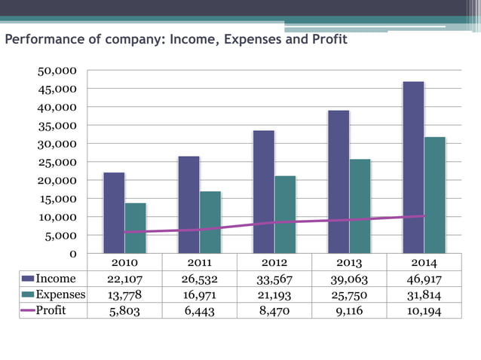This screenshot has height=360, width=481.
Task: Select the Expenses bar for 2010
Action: (136, 228)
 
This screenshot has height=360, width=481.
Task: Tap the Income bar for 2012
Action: (264, 192)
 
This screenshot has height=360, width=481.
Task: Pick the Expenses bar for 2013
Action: (360, 206)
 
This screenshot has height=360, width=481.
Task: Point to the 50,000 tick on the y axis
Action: (58, 71)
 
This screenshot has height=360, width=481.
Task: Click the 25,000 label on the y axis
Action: (58, 163)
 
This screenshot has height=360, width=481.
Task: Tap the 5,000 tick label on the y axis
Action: (61, 236)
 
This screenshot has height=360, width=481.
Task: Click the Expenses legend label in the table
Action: (60, 294)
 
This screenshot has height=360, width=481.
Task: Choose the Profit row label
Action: (51, 310)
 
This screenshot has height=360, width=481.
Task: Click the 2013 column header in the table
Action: (348, 264)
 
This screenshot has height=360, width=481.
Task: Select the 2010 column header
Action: (124, 264)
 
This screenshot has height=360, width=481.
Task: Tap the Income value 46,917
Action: (423, 279)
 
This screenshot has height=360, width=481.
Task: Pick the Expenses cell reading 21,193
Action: (274, 294)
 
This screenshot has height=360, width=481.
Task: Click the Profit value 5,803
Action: (124, 310)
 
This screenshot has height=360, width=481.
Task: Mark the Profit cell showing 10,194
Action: (423, 310)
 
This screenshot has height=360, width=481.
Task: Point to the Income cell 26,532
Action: (199, 279)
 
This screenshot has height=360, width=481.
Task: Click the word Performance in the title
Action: (42, 39)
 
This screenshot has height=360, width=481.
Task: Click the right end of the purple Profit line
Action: (423, 216)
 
